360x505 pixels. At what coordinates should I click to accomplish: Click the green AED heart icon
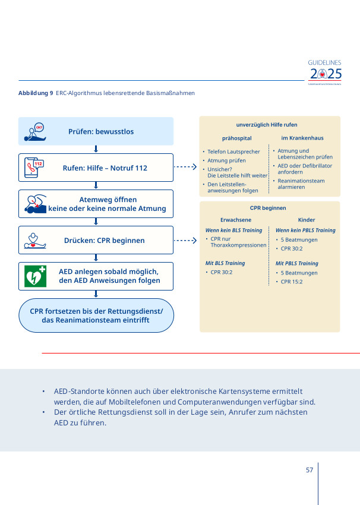34,276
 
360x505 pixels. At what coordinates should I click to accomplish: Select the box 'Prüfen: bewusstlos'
96,131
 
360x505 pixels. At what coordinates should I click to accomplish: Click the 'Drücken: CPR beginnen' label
104,241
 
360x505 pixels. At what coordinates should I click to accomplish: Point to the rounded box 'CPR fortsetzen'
96,315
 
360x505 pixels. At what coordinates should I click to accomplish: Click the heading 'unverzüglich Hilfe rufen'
266,125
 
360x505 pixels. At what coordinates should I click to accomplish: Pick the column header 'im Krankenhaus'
302,138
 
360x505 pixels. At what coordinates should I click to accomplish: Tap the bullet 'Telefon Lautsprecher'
233,151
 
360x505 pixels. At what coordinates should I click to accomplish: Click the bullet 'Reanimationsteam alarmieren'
301,184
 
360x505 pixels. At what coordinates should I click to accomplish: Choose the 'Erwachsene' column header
236,220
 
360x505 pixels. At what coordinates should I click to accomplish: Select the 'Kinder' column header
307,220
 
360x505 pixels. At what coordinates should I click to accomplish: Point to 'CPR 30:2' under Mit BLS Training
221,272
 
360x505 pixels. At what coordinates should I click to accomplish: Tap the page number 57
309,470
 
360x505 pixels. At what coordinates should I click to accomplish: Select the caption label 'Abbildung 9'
36,93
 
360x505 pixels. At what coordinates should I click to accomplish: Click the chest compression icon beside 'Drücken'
34,240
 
